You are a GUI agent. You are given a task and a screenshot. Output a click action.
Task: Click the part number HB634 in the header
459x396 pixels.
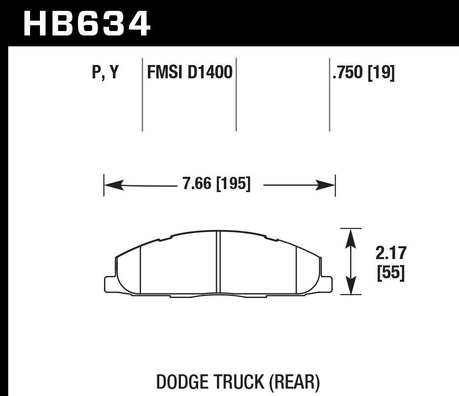pyautogui.click(x=86, y=23)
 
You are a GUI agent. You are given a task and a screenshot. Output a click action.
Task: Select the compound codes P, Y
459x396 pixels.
pyautogui.click(x=105, y=73)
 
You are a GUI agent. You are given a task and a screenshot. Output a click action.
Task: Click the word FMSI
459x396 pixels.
pyautogui.click(x=165, y=73)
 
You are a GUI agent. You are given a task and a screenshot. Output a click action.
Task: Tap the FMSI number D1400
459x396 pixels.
pyautogui.click(x=210, y=73)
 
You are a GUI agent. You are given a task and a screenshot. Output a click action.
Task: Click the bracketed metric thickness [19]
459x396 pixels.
pyautogui.click(x=382, y=73)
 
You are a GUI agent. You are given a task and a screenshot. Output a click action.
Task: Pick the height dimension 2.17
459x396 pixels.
pyautogui.click(x=390, y=253)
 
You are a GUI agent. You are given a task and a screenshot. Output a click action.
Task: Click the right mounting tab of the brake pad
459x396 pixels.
pyautogui.click(x=327, y=284)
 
